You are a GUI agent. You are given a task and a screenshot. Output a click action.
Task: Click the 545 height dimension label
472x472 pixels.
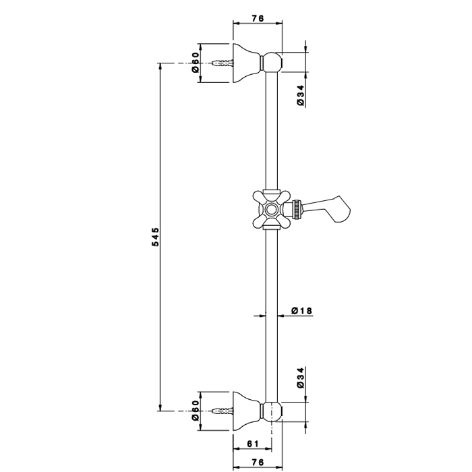coord(155,237)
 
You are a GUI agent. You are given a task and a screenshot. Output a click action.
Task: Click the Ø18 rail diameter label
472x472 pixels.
coord(301,311)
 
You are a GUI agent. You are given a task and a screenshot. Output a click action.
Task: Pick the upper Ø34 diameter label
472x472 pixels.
coord(301,95)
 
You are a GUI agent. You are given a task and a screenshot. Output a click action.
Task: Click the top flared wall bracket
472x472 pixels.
coord(245,63)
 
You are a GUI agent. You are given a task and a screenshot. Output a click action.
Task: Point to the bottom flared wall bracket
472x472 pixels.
coord(245,410)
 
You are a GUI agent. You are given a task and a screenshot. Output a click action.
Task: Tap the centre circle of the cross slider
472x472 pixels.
coord(271,208)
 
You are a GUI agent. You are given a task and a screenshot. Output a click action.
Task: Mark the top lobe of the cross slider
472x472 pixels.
coord(271,194)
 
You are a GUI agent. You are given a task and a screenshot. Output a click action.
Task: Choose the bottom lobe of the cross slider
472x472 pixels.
coord(271,223)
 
